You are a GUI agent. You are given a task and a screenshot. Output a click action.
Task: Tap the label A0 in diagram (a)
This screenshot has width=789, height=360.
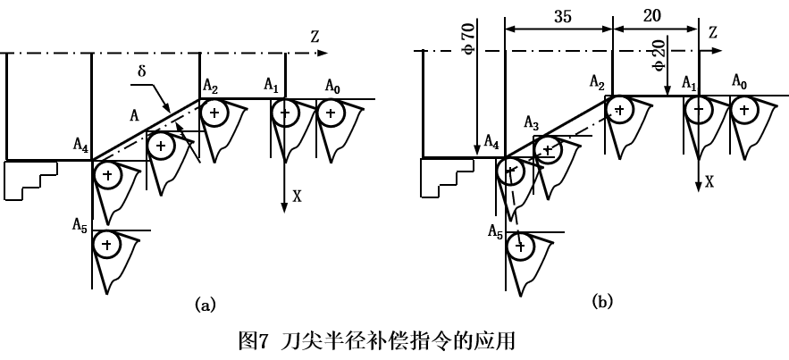(x=332, y=86)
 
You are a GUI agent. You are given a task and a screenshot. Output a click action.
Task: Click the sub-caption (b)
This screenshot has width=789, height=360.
(x=600, y=303)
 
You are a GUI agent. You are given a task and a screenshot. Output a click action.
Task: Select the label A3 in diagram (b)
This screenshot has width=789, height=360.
(x=532, y=122)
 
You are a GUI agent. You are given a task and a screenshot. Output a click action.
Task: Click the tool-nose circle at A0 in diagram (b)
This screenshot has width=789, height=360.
(x=742, y=108)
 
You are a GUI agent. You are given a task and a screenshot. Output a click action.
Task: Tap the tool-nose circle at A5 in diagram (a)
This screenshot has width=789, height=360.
(x=107, y=242)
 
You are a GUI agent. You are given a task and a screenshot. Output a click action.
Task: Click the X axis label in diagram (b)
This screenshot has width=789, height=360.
(x=709, y=181)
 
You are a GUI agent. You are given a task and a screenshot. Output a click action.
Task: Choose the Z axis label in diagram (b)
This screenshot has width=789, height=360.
(x=714, y=33)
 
